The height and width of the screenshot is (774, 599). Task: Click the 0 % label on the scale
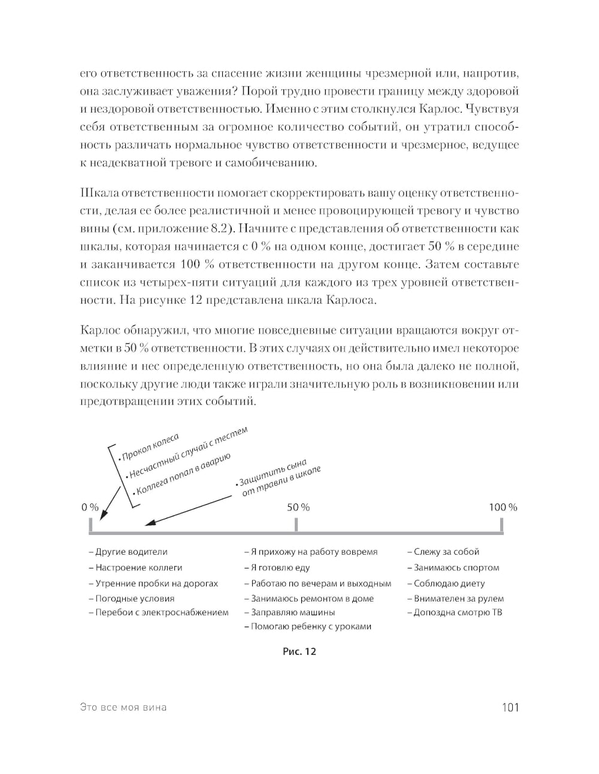[x=90, y=507]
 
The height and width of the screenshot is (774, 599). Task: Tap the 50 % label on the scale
[x=298, y=507]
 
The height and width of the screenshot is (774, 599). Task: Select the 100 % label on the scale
[x=503, y=507]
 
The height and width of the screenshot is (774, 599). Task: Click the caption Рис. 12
[x=299, y=651]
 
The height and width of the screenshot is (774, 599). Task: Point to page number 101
[x=510, y=708]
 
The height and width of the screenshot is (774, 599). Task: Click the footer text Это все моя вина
[x=123, y=708]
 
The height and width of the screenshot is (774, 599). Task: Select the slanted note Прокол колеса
[x=150, y=447]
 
